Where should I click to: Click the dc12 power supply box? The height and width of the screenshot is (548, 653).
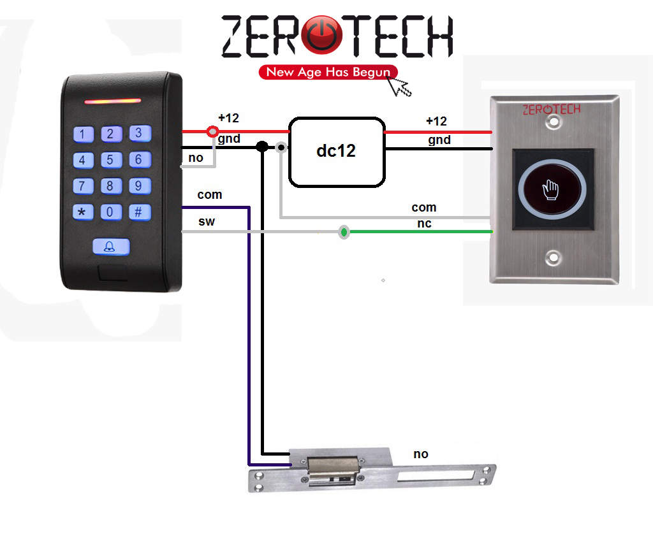point(337,152)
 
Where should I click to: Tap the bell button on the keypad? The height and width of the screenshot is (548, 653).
point(111,247)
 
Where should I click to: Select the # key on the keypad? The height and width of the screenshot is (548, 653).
point(140,212)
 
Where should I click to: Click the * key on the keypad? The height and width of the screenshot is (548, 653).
point(83,212)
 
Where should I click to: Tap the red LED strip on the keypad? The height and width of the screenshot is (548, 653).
point(113,101)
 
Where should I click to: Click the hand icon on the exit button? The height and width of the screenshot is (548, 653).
point(551,190)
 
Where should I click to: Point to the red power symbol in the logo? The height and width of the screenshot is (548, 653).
point(321,35)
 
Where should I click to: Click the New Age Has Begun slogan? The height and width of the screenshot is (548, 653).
point(328,72)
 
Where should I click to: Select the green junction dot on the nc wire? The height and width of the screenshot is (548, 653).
point(344,232)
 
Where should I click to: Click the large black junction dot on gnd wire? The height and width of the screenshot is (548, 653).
point(262,147)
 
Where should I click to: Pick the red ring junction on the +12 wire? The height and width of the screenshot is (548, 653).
point(212,131)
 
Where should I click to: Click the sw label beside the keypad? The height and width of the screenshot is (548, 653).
point(207,222)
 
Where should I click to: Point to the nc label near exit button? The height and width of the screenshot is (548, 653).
point(424,224)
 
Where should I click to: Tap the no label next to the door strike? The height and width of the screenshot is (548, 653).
point(421,454)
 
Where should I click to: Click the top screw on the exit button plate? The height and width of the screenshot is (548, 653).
point(554,122)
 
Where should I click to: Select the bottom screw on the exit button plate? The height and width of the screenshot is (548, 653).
point(554,257)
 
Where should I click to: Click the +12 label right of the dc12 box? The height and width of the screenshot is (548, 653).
point(436,121)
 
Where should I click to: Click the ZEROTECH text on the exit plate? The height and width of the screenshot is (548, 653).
point(552,110)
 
